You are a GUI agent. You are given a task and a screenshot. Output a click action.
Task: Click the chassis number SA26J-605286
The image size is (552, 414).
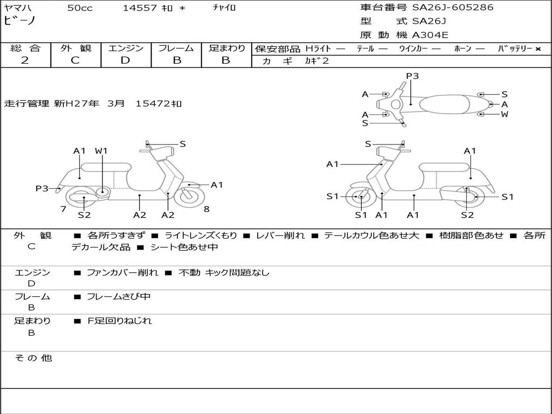452,8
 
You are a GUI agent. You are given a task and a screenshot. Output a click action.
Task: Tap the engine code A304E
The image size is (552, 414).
430,36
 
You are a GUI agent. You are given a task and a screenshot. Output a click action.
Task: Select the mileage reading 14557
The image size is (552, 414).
140,8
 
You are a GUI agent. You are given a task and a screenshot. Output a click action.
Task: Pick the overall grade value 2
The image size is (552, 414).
25,60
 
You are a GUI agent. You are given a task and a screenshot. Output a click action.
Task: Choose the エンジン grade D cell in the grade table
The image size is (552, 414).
126,60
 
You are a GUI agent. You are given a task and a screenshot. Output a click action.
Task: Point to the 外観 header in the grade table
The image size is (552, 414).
75,48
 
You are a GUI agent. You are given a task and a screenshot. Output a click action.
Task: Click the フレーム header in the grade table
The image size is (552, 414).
176,48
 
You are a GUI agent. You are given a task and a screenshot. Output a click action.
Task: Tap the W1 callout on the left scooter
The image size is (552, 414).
101,151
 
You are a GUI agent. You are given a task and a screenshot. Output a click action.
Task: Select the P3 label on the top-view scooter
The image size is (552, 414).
412,76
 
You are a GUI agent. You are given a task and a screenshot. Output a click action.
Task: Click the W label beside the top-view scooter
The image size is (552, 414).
505,114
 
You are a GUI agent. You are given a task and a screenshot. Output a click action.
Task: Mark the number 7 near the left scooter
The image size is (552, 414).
63,209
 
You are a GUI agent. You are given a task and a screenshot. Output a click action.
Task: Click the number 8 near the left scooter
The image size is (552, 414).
206,209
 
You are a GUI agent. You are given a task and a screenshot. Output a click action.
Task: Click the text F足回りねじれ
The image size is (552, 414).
120,321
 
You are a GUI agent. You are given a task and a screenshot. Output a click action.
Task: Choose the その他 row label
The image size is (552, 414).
33,358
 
